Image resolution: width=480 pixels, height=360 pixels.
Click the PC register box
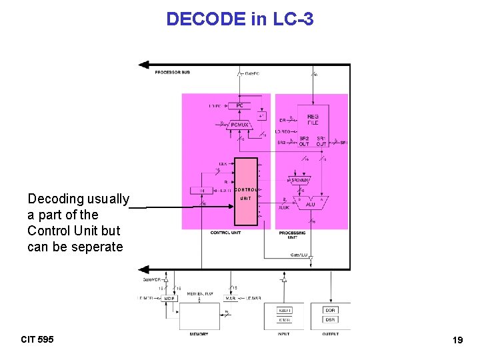(239, 105)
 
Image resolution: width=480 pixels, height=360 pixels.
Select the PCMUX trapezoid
(239, 123)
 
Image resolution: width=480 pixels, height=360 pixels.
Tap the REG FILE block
(313, 120)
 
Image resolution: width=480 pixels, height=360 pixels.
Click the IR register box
(202, 191)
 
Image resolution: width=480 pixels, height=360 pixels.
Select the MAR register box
(230, 299)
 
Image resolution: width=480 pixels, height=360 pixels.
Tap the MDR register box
(170, 299)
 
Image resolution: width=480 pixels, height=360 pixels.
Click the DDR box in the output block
(331, 311)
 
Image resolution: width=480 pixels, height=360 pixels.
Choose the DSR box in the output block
(331, 320)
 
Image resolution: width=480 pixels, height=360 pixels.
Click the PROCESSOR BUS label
(173, 72)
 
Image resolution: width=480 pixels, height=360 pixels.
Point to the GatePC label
(252, 73)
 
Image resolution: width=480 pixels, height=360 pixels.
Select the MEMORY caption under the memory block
(199, 334)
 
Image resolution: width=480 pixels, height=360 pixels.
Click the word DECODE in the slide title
(206, 19)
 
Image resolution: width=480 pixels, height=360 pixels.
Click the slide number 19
(457, 341)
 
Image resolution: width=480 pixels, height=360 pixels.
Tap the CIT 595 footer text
(37, 340)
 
